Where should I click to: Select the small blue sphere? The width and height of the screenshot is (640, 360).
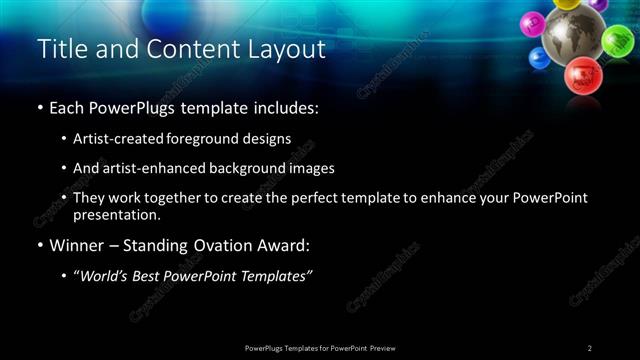539,58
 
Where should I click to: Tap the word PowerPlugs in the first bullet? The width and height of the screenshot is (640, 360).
130,107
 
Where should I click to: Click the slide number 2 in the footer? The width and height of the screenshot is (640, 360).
590,347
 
